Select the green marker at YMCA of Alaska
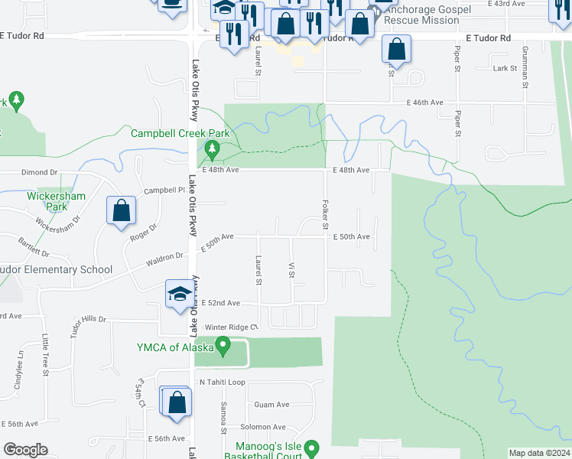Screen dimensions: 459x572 (223, 347)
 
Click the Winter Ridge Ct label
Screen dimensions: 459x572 (227, 327)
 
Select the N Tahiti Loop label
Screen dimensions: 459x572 (222, 382)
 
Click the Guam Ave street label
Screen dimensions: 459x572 (272, 405)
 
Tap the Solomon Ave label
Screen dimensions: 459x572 (262, 427)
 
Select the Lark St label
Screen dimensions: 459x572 (505, 69)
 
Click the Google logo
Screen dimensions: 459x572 (25, 450)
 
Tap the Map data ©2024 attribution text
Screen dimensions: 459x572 (538, 453)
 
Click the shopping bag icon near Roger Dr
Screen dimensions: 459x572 (122, 212)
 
